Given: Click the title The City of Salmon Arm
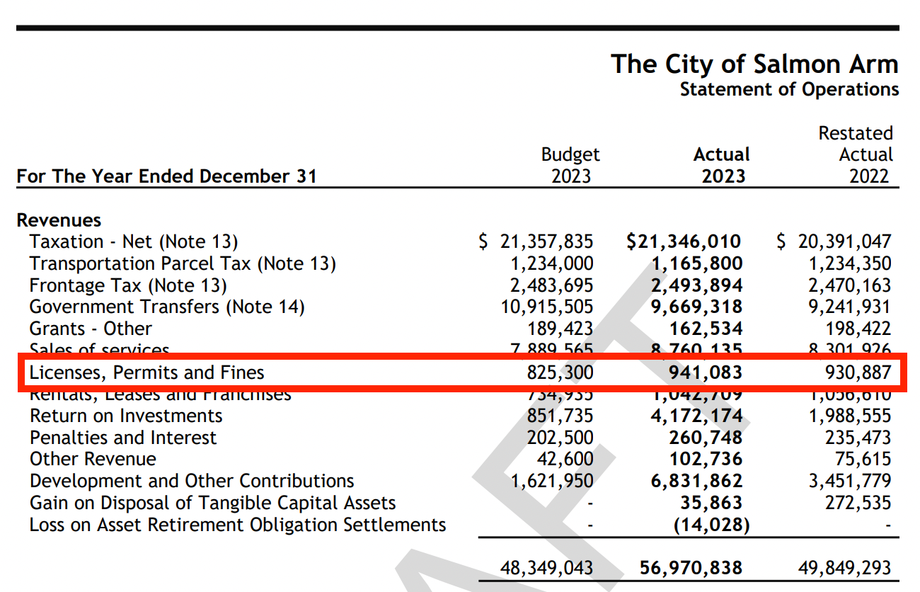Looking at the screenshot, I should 754,64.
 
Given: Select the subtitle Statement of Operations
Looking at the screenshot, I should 789,90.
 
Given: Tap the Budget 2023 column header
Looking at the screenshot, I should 570,165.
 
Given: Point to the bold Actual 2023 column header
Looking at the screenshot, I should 723,165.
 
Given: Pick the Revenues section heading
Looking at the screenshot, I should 59,220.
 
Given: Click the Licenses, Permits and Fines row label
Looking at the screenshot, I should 146,372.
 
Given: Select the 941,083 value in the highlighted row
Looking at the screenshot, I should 706,372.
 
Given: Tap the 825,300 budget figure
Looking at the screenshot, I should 560,372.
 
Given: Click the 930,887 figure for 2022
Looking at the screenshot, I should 858,372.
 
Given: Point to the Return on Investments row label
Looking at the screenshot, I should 126,416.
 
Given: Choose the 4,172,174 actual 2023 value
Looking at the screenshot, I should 696,416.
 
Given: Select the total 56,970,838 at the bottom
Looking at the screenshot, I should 691,568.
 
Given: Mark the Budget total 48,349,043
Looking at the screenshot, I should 546,568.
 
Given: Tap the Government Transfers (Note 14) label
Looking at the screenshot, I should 167,307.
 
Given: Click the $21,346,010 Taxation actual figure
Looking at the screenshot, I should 684,242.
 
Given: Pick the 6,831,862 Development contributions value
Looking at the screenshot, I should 696,481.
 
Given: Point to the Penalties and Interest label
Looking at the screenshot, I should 123,438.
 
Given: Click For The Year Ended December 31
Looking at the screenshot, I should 167,176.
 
